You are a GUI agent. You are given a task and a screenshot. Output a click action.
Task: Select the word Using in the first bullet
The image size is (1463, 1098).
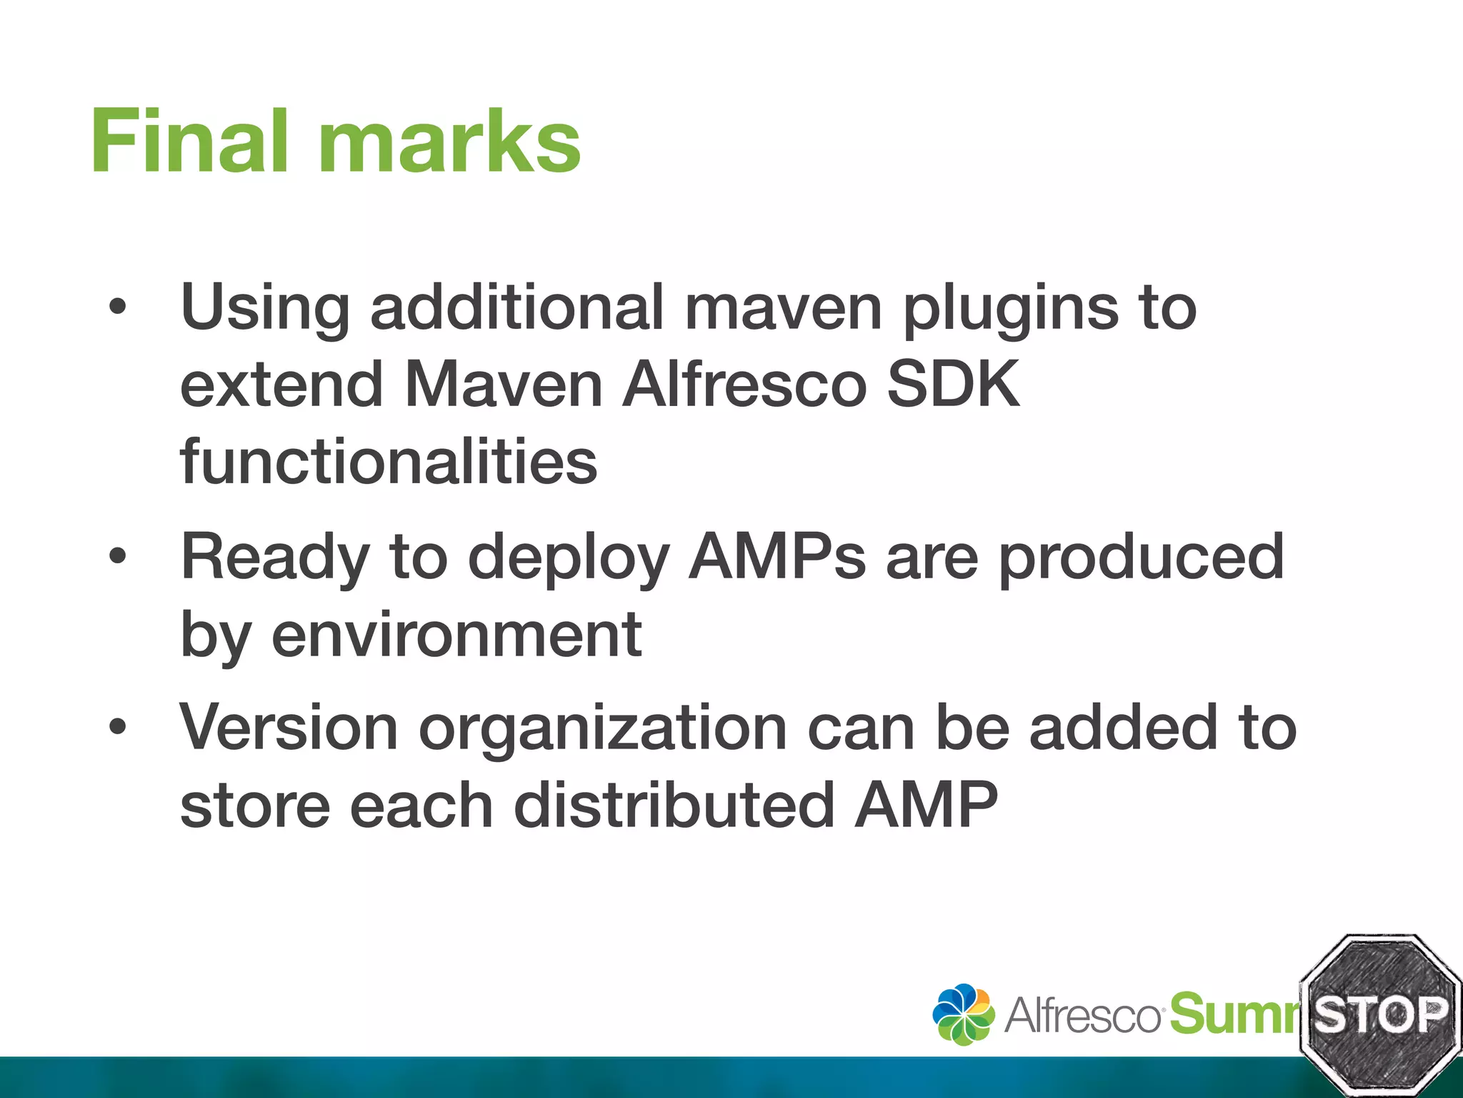point(264,309)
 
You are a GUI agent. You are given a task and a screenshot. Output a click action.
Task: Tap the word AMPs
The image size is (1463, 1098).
point(778,558)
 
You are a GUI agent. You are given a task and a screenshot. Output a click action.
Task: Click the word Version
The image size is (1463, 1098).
point(289,728)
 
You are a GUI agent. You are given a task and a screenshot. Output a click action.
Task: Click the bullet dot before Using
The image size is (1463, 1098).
point(117,308)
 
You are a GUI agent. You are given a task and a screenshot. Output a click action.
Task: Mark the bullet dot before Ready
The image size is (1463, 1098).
point(117,556)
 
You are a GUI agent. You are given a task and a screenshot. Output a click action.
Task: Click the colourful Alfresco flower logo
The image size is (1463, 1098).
point(963,1014)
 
